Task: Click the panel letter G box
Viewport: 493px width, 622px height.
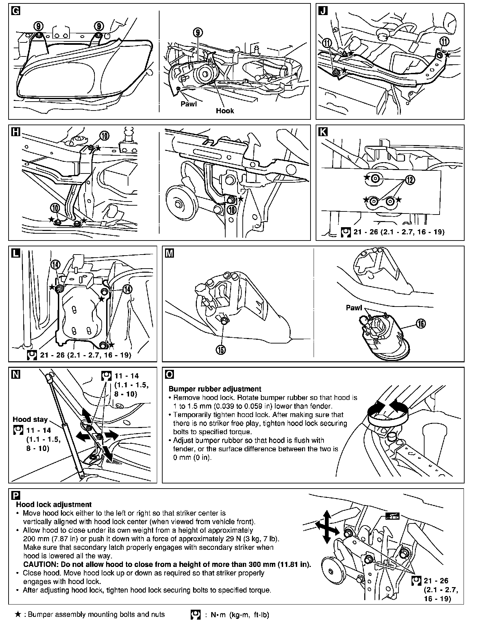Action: point(15,11)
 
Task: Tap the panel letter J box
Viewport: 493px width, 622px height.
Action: point(323,11)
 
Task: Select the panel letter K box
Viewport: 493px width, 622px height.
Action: point(323,132)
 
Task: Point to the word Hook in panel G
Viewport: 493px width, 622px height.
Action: point(225,111)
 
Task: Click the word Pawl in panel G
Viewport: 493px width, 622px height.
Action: point(189,104)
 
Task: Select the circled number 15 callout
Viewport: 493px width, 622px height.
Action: point(221,350)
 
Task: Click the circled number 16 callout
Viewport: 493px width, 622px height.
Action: point(421,323)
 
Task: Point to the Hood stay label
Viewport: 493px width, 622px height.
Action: point(30,419)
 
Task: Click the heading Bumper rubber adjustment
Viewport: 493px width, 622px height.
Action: point(215,389)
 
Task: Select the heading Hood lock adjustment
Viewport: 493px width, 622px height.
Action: point(54,504)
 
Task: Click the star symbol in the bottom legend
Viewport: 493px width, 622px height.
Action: point(18,614)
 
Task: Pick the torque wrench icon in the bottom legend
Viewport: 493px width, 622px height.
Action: point(195,615)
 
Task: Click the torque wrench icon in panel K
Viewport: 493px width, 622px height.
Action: point(346,232)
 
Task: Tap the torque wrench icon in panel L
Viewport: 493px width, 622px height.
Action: point(32,355)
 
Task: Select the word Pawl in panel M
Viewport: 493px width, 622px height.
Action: point(354,308)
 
